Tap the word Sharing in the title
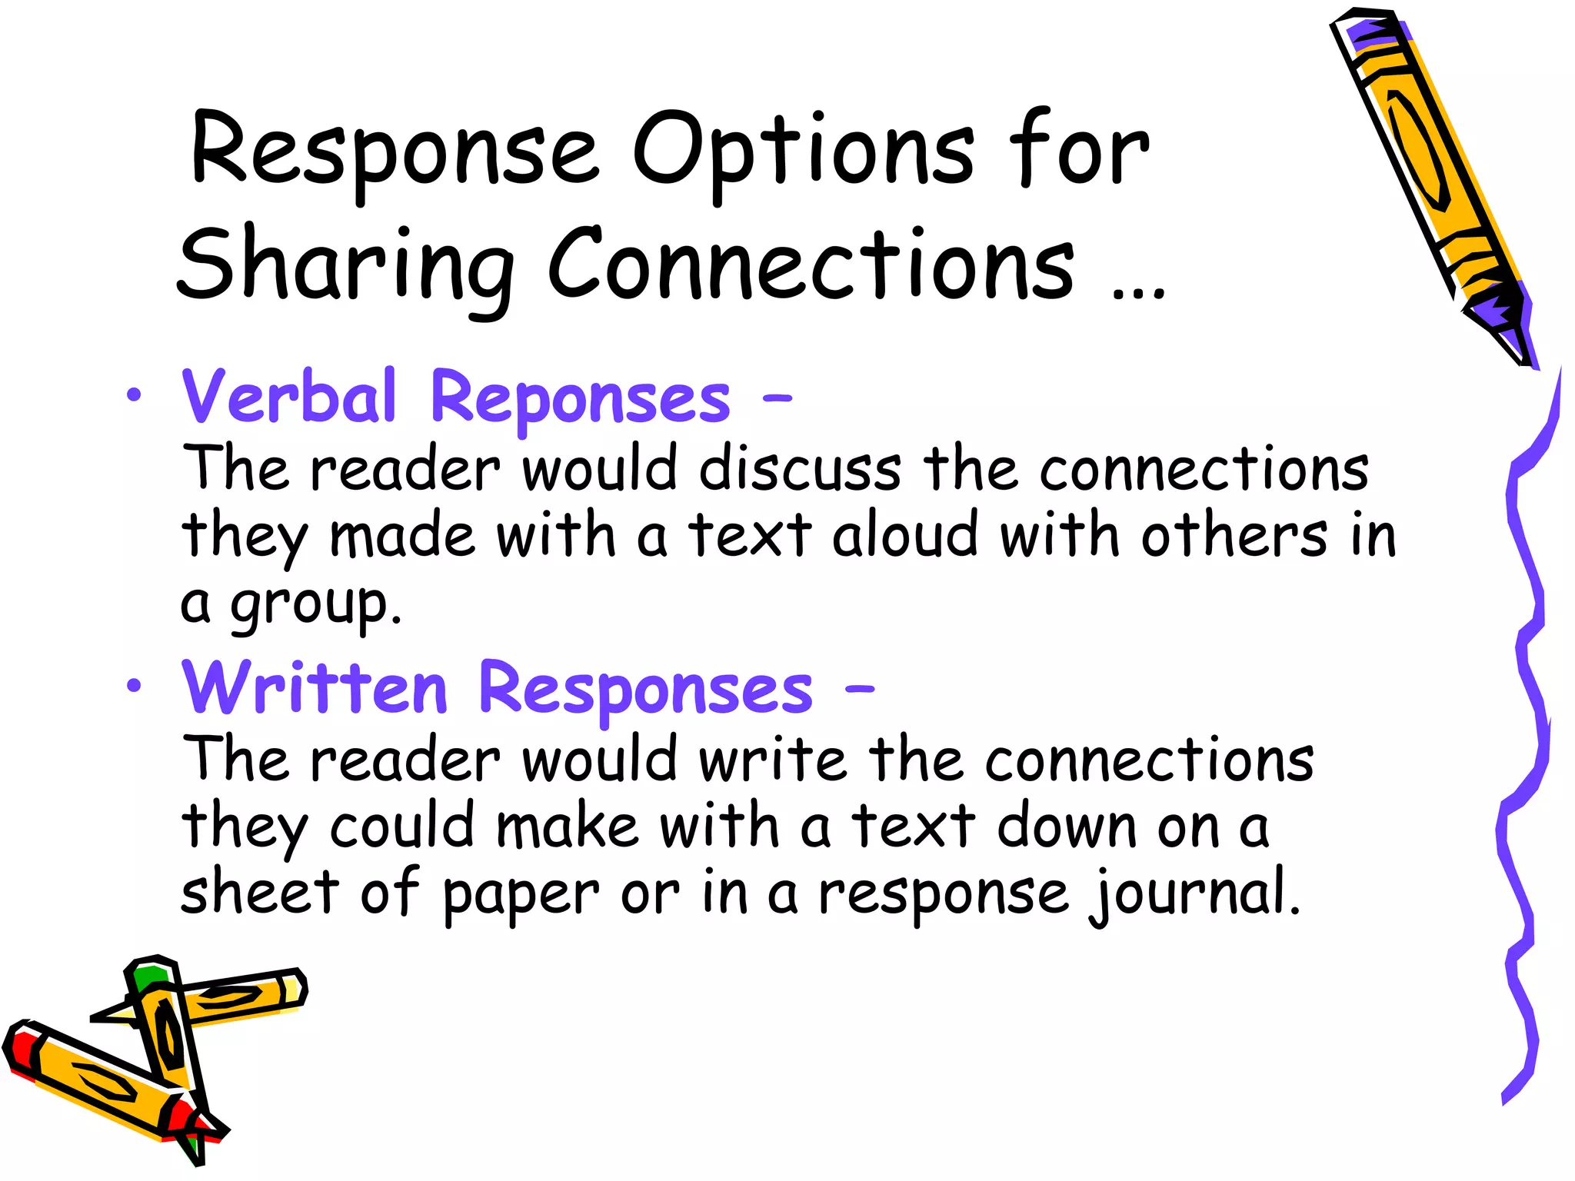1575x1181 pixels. coord(345,266)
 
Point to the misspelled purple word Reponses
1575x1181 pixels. coord(581,398)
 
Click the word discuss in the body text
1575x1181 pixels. coord(800,469)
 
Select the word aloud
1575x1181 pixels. coord(905,535)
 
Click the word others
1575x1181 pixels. coord(1234,535)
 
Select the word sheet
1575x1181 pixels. coord(259,893)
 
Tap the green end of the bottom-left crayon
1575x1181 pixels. coord(149,977)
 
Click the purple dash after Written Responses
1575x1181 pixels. coord(859,689)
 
